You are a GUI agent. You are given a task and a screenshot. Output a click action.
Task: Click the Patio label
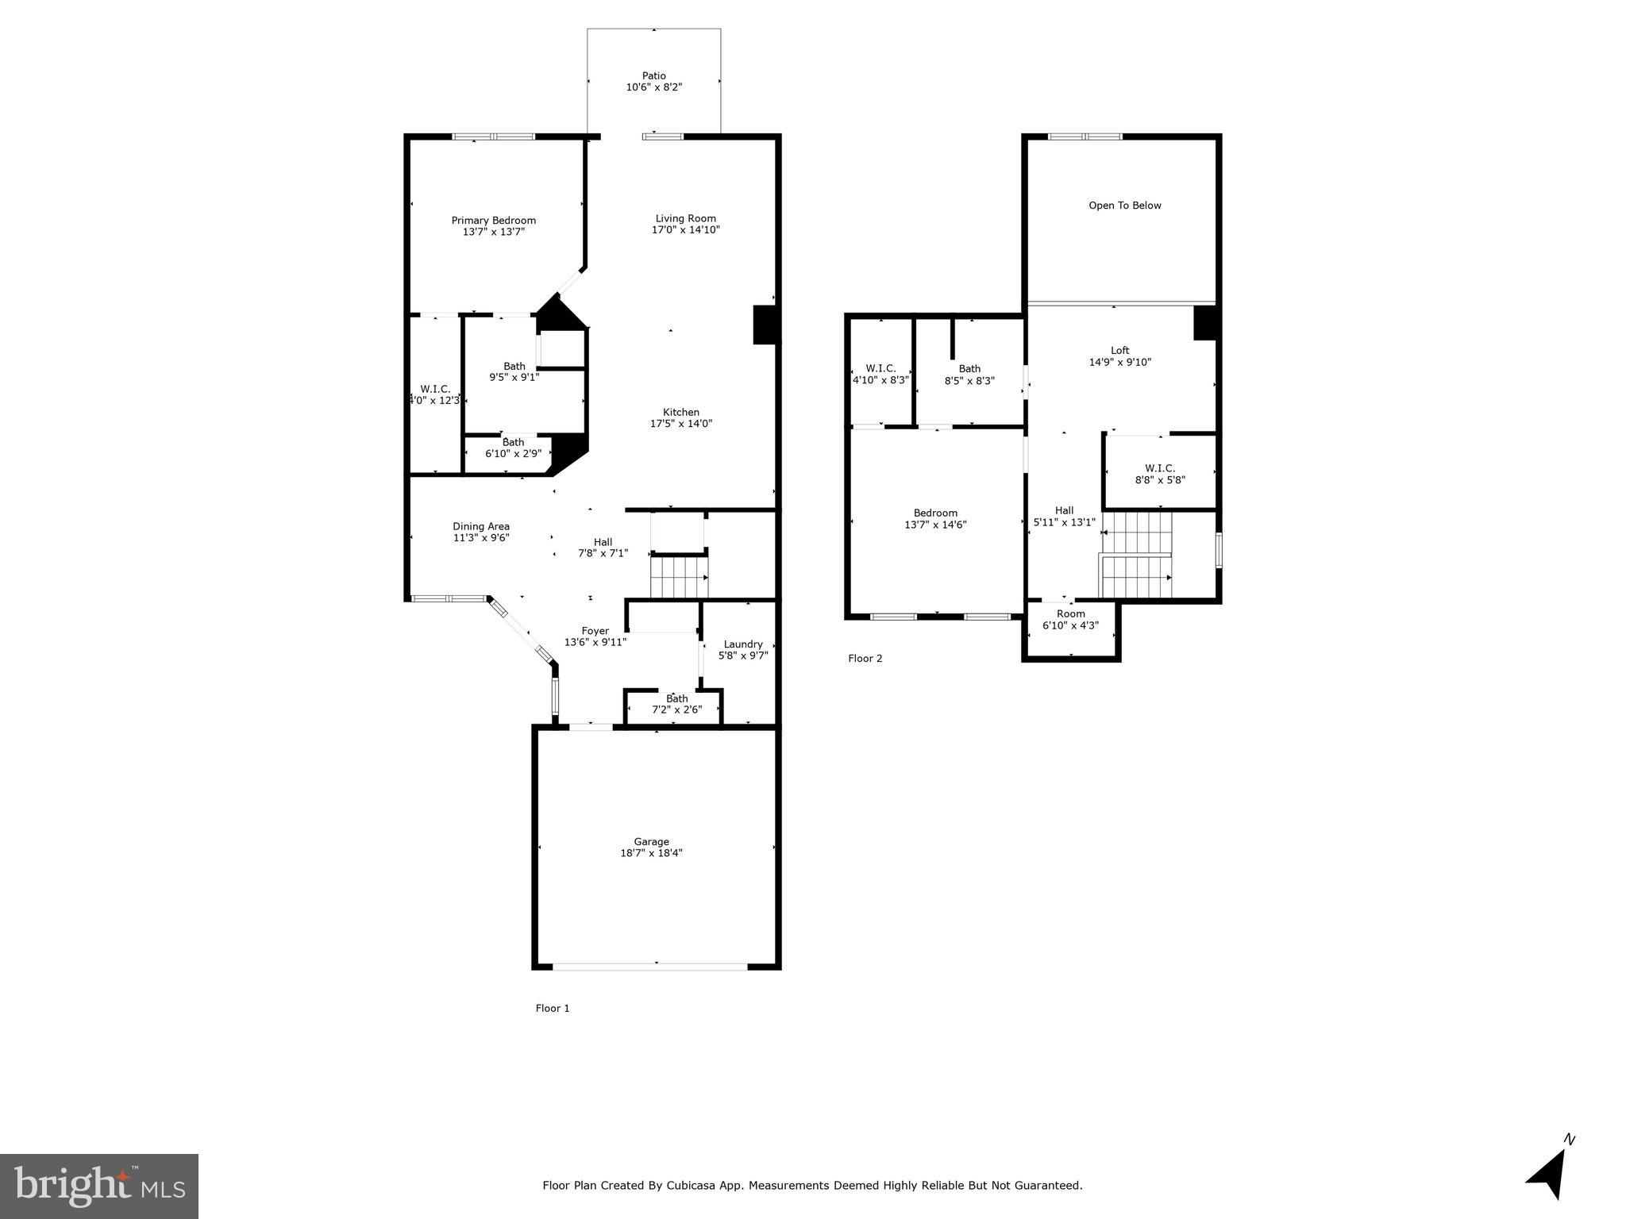[x=653, y=76]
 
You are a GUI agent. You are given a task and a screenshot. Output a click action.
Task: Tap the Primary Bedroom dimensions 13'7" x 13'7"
[x=494, y=233]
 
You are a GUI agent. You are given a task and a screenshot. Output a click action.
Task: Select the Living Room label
[x=685, y=218]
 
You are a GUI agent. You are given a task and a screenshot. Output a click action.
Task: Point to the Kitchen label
[x=680, y=412]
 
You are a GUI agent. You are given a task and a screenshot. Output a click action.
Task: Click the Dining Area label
[x=481, y=526]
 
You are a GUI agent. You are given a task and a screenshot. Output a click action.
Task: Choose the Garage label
[x=651, y=842]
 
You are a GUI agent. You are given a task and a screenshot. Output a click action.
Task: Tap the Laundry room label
[x=743, y=644]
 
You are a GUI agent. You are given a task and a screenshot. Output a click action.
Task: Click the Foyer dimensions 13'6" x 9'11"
[x=595, y=642]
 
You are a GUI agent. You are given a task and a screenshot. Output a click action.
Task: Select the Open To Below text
[x=1124, y=206]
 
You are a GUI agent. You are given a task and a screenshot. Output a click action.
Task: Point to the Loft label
[x=1119, y=350]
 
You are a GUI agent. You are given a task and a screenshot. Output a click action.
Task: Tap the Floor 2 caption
[x=865, y=658]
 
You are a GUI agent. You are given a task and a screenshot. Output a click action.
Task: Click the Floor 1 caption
[x=553, y=1008]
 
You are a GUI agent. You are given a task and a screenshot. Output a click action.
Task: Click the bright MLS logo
[x=99, y=1186]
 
